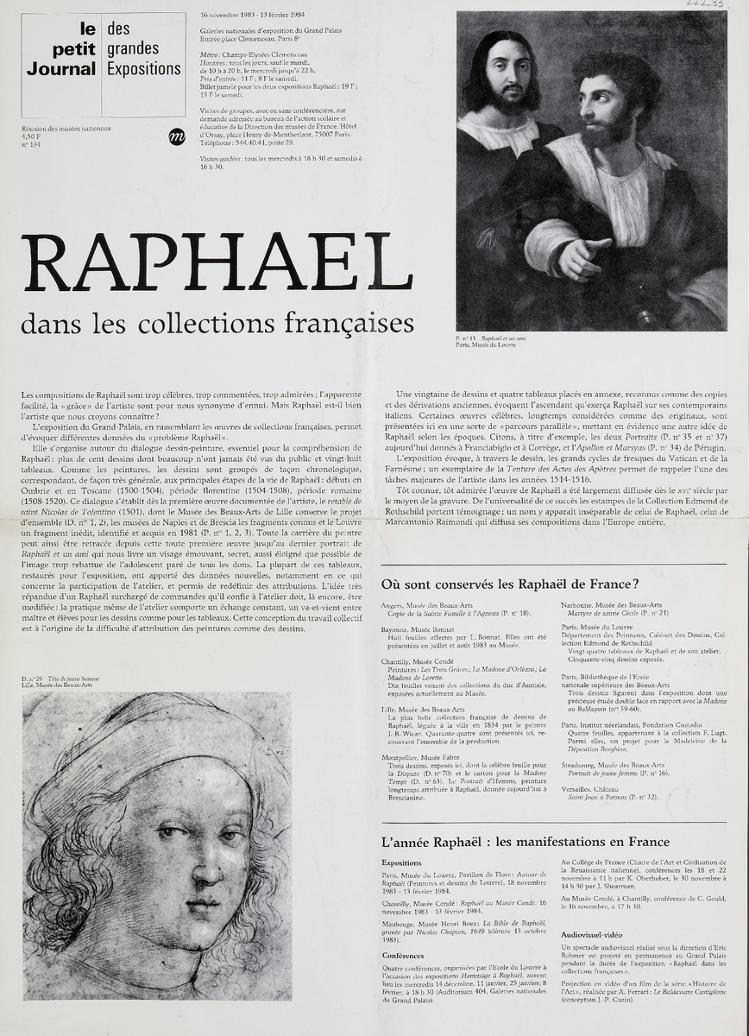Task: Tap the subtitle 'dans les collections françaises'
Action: pyautogui.click(x=217, y=324)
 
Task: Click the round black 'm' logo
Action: pyautogui.click(x=176, y=136)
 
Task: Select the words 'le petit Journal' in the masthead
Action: pyautogui.click(x=61, y=54)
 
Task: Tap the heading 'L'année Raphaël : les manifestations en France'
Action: pyautogui.click(x=525, y=842)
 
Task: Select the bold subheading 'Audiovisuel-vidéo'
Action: pyautogui.click(x=595, y=934)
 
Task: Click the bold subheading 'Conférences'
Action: pyautogui.click(x=402, y=956)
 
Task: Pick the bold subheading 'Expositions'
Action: pyautogui.click(x=401, y=862)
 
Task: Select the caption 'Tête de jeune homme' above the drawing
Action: pyautogui.click(x=73, y=679)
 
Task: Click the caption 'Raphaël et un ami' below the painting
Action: pyautogui.click(x=504, y=338)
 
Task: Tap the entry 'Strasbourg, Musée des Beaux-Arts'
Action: pyautogui.click(x=613, y=765)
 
